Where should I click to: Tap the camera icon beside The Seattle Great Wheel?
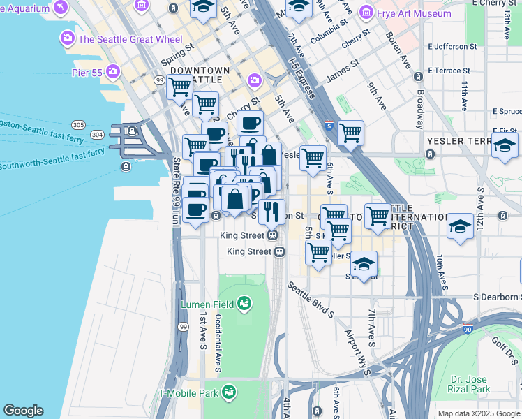(68, 38)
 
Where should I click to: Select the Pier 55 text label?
(87, 71)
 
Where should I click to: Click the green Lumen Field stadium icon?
(244, 304)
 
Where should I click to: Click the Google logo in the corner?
(23, 411)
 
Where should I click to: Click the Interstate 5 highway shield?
(329, 126)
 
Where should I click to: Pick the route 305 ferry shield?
(78, 125)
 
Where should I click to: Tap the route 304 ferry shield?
(97, 134)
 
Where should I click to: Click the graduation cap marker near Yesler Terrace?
(505, 147)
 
